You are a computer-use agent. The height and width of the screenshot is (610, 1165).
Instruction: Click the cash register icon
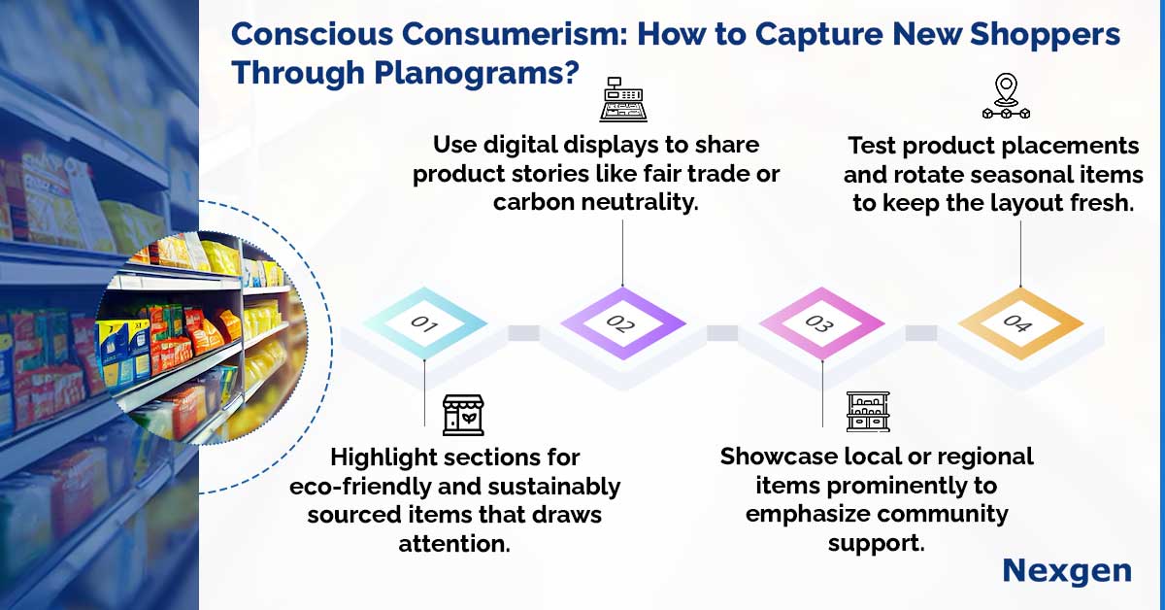[x=623, y=99]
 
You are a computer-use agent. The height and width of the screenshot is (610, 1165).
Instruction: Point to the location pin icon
[x=1007, y=96]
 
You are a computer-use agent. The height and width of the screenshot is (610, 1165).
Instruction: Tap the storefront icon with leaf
[x=463, y=415]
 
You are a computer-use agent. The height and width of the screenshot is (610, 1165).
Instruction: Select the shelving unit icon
[x=868, y=412]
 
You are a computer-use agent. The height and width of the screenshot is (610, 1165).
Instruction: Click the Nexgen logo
[x=1067, y=571]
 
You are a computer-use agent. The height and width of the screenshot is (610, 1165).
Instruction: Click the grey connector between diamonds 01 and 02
[x=523, y=332]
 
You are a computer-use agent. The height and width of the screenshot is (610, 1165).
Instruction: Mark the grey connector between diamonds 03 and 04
[x=921, y=332]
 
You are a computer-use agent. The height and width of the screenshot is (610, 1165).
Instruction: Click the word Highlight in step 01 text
[x=383, y=458]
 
